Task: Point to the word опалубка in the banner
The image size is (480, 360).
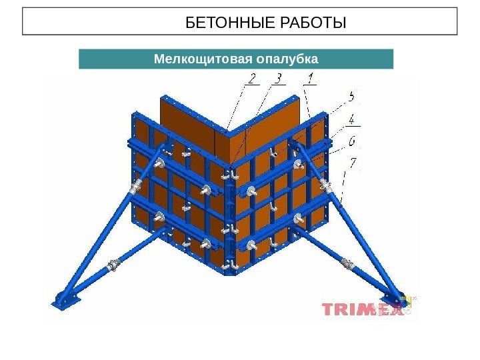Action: tap(286, 59)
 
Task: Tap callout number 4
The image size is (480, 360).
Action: tap(351, 120)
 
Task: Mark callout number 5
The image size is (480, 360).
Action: tap(351, 97)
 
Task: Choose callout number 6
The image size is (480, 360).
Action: tap(351, 141)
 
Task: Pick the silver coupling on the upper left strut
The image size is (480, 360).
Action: tap(137, 187)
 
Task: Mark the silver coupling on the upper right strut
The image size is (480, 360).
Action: tap(326, 186)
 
